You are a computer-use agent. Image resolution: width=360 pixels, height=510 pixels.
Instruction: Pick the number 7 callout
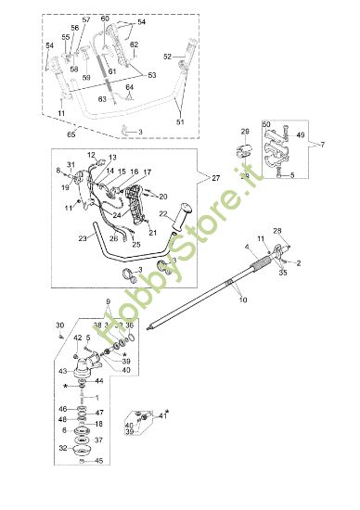tap(321, 144)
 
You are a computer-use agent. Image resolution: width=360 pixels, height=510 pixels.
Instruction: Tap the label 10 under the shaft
tap(244, 300)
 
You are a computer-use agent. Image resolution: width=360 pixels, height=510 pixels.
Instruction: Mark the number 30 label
tap(60, 325)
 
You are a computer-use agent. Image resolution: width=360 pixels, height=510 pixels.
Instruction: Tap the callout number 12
tap(92, 155)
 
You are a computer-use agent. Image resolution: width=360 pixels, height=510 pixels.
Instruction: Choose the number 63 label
tap(102, 97)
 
